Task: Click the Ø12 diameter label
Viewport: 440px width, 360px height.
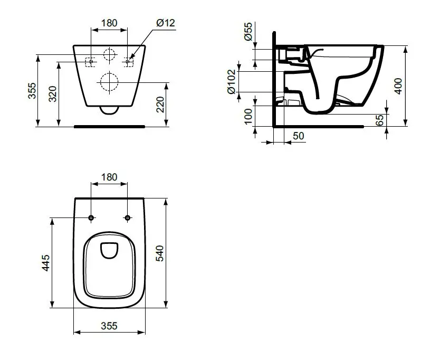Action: (166, 23)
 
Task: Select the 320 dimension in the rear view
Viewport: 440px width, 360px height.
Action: (52, 94)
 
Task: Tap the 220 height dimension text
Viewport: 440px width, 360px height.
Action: (160, 105)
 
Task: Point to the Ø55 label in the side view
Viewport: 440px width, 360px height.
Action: (248, 32)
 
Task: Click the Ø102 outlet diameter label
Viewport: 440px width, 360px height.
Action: (232, 82)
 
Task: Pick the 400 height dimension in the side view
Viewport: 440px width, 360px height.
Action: (398, 86)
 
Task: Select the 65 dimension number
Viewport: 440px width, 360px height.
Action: (379, 120)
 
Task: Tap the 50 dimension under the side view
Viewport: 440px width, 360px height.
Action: (298, 136)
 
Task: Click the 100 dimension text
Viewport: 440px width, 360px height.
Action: (248, 116)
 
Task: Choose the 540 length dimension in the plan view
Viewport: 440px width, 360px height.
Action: (160, 253)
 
